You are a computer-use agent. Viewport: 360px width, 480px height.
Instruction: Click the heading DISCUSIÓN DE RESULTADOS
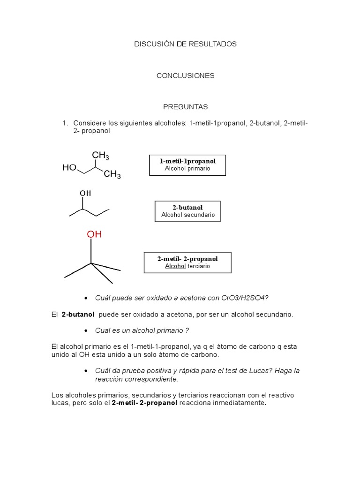(x=186, y=44)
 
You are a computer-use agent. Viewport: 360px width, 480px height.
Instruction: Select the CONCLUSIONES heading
(x=186, y=75)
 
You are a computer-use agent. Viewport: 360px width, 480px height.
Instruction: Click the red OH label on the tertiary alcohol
(x=94, y=234)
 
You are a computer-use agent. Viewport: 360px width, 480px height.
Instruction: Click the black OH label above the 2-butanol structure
(x=85, y=193)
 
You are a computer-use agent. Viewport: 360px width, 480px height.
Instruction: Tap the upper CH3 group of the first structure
(x=100, y=156)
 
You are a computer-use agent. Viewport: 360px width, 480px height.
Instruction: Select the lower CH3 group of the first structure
(x=112, y=175)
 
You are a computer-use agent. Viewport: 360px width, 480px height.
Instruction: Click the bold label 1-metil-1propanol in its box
(x=187, y=161)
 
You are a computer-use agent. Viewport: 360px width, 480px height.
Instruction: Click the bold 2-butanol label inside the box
(x=187, y=207)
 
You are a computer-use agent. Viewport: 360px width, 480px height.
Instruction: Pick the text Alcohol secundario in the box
(x=188, y=215)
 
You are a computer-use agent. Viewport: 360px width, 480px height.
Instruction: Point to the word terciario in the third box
(x=199, y=266)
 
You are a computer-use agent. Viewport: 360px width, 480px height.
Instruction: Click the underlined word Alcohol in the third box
(x=175, y=266)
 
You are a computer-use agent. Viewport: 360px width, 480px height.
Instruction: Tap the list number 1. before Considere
(x=66, y=123)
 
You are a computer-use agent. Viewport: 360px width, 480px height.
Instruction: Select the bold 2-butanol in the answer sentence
(x=78, y=315)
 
